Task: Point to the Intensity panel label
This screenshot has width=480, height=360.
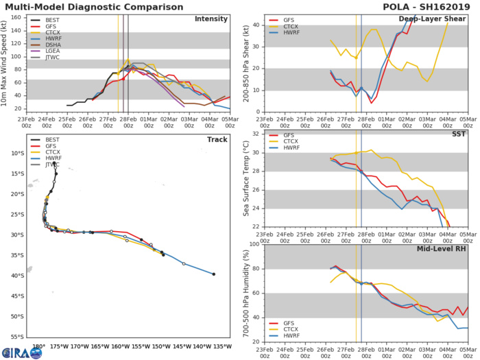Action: pos(211,19)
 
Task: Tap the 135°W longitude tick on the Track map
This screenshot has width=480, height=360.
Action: pos(224,346)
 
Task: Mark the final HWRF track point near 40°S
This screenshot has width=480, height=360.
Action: pos(214,274)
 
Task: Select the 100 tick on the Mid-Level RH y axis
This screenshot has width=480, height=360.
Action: pos(252,244)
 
